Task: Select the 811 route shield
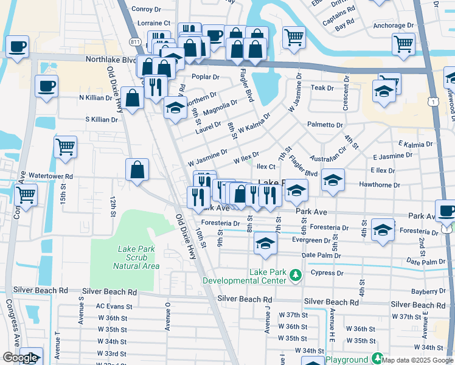[134, 41]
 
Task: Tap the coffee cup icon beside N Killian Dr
[46, 86]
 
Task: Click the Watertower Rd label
[50, 176]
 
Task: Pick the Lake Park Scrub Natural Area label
[136, 257]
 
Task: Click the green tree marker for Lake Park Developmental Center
[296, 276]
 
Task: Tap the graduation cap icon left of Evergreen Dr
[265, 243]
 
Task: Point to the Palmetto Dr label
[325, 125]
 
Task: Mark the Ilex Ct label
[266, 166]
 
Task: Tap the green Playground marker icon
[377, 359]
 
